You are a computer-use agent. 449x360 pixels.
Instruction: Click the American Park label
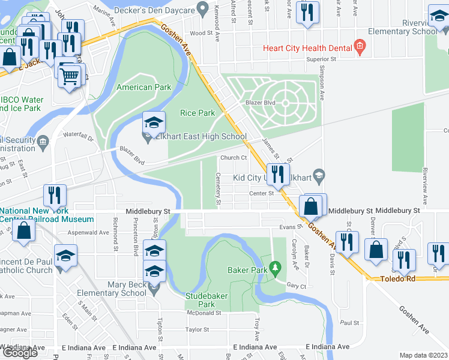143,87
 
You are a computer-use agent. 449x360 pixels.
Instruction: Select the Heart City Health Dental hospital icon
360,46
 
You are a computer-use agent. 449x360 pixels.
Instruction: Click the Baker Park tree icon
276,266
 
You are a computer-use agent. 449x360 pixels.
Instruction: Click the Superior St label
321,59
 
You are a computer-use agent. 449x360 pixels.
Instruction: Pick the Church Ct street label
234,158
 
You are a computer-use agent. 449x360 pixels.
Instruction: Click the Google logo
19,353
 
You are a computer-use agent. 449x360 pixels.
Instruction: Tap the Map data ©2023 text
423,355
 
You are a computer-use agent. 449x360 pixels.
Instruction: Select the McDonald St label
203,313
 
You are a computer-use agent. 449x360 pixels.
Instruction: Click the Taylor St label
197,329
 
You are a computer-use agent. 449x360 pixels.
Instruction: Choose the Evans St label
290,227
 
